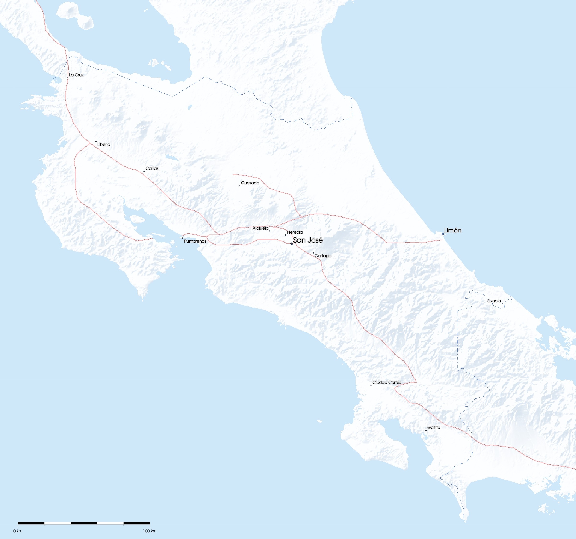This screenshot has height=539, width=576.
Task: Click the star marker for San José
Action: (292, 244)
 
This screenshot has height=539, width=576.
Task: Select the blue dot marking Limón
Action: (443, 234)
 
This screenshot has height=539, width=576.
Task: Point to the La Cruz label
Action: (76, 75)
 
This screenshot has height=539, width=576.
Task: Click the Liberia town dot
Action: (96, 142)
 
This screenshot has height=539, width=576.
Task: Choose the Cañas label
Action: (152, 168)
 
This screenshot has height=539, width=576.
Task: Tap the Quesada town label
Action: (250, 183)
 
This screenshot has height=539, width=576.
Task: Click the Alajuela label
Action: (261, 228)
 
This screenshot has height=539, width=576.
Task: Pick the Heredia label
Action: (295, 232)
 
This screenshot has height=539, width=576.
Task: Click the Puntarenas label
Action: (195, 241)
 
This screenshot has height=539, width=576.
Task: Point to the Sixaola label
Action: (494, 301)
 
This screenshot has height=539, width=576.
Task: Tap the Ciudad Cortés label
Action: (386, 382)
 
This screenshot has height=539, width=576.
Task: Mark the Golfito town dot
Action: (426, 430)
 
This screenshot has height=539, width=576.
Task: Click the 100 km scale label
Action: (150, 531)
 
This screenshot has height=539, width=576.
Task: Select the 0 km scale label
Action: (18, 531)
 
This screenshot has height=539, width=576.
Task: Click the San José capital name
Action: (308, 240)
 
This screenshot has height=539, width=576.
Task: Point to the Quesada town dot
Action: (240, 185)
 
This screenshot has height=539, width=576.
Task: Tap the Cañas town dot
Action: (144, 171)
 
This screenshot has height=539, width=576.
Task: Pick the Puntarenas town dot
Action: (183, 238)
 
